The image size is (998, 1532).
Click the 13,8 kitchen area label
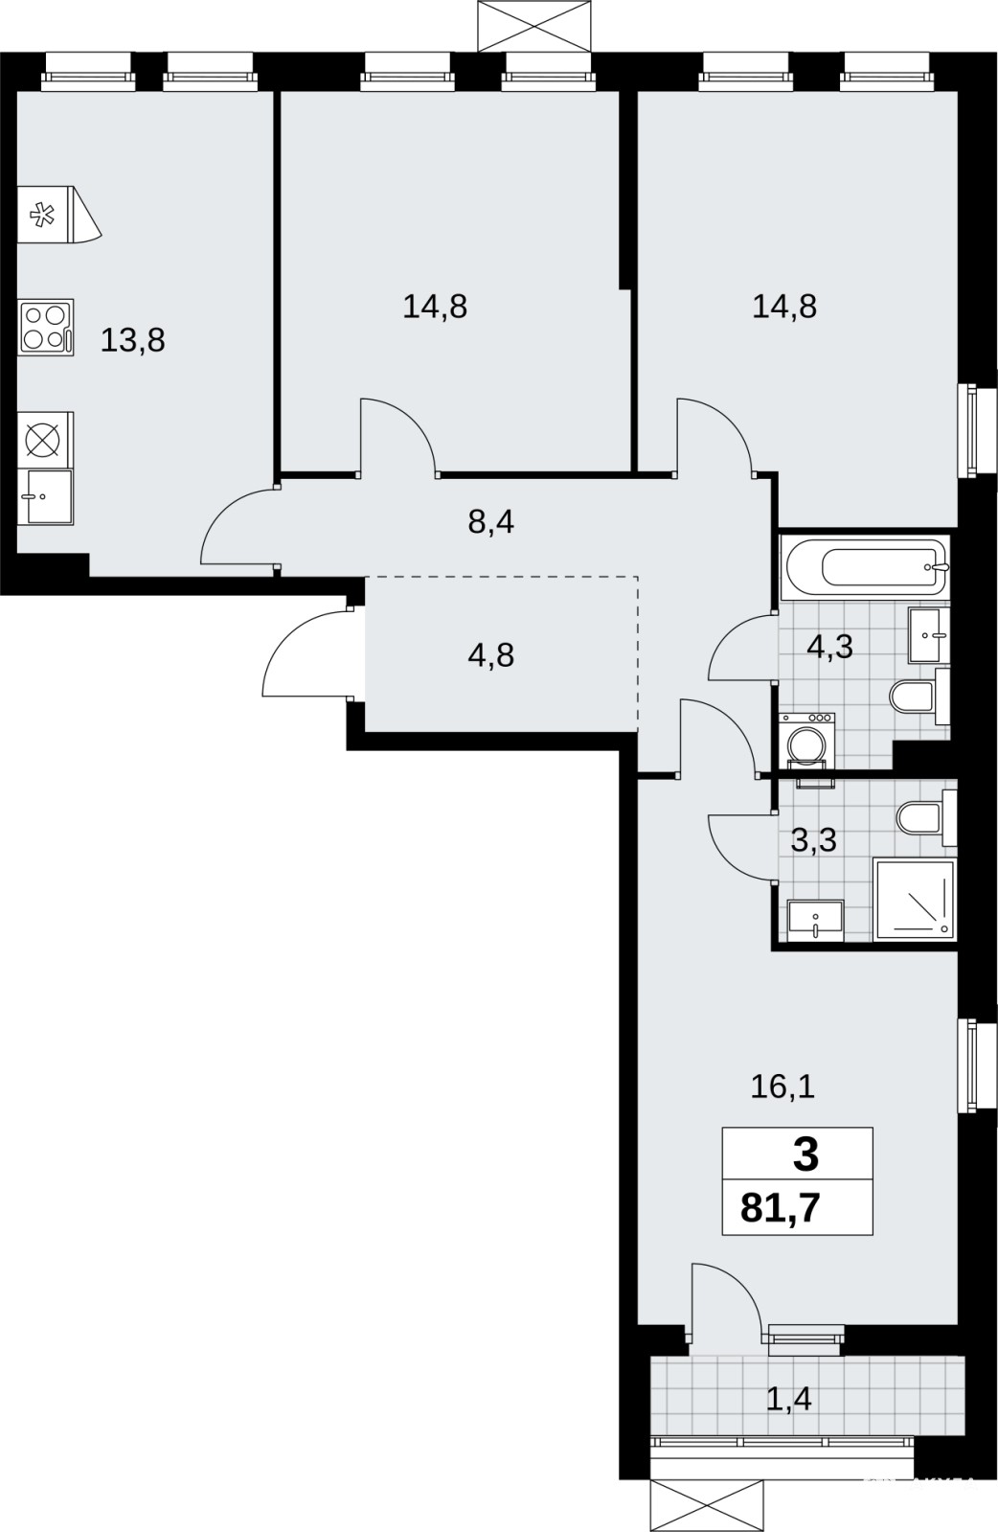click(x=132, y=340)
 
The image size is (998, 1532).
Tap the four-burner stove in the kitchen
click(x=47, y=327)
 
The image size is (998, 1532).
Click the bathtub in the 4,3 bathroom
click(x=866, y=567)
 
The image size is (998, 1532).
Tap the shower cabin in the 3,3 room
click(x=915, y=901)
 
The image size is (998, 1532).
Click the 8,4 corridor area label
click(x=490, y=522)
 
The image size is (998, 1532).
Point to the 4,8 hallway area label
click(x=490, y=654)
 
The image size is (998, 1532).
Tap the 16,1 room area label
click(x=783, y=1086)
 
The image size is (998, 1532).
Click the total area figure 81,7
click(x=780, y=1208)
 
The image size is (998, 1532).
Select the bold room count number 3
click(x=805, y=1155)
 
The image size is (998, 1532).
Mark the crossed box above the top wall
click(x=533, y=26)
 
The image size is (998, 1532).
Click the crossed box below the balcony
click(x=706, y=1505)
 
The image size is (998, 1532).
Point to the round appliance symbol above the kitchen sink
click(x=42, y=439)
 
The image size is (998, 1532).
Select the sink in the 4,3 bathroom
click(x=929, y=635)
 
